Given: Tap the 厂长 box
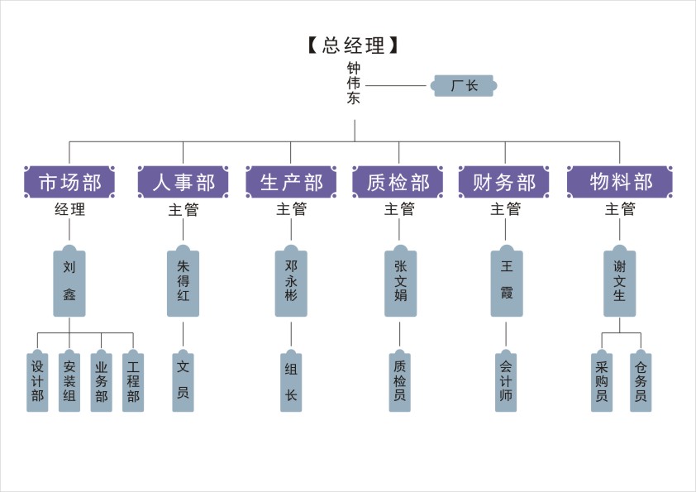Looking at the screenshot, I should pos(464,85).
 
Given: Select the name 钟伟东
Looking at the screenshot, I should pos(354,84).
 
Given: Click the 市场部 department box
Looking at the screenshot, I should pos(69,182).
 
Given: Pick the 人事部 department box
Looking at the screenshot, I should pos(183,182).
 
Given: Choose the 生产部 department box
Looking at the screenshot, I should pos(291,182).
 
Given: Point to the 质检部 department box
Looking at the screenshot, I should pos(398,182).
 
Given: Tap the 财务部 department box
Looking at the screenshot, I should pos(504,182).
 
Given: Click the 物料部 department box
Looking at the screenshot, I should pos(620,182).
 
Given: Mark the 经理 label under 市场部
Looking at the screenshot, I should pos(69,210).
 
